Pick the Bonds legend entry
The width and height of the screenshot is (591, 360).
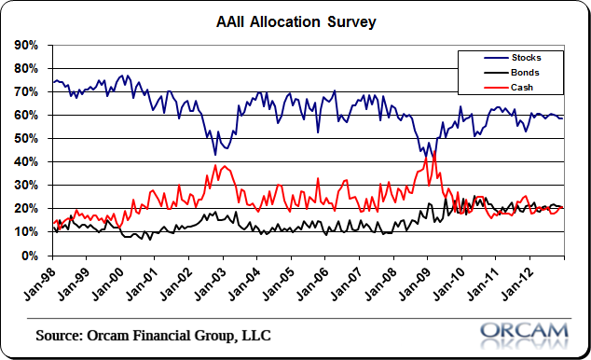tap(525, 72)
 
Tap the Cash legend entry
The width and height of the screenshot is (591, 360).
tap(523, 87)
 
